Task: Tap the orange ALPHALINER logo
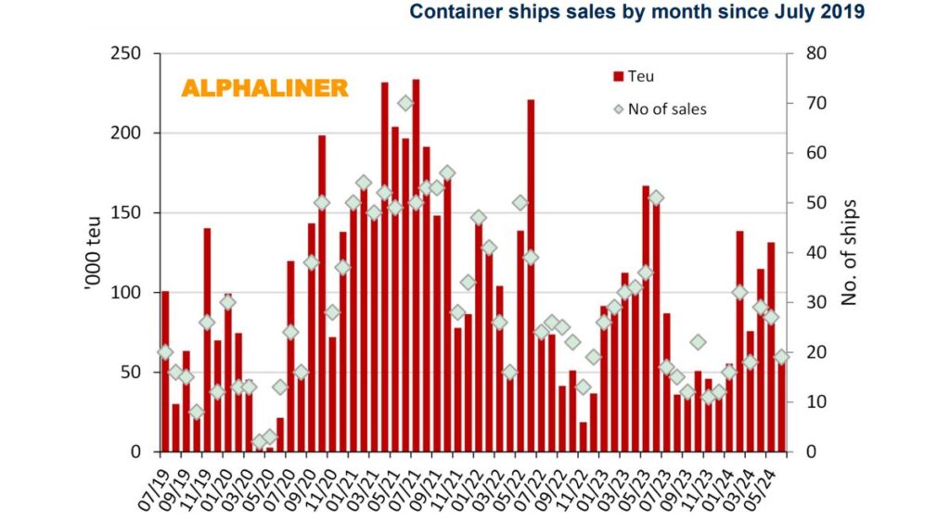[264, 89]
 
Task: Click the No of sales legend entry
[660, 109]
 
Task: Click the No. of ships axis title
[847, 252]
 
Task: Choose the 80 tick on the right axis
[804, 54]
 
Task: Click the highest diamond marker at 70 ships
[405, 103]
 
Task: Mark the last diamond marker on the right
[781, 357]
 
